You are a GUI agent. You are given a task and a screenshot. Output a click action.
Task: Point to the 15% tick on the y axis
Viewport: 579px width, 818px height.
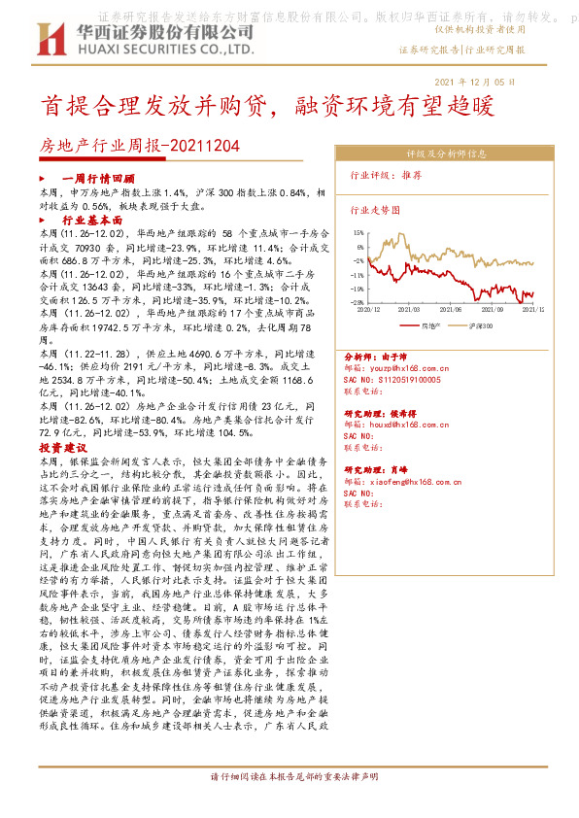coord(359,233)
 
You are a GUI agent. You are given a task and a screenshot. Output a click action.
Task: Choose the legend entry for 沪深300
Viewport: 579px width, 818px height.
coord(481,326)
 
